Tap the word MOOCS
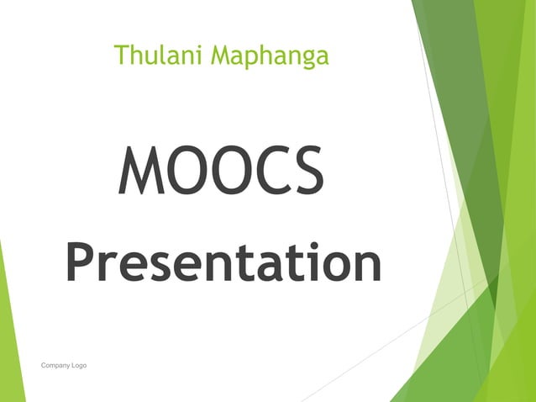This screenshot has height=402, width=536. click(x=220, y=171)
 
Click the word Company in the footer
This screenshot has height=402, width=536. click(x=55, y=366)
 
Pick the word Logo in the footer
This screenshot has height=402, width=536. click(x=78, y=366)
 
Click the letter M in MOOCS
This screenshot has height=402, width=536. click(x=139, y=171)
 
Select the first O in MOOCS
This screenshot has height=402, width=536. click(x=183, y=171)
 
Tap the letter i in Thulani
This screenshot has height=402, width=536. click(x=199, y=56)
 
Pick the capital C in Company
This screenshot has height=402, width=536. click(x=44, y=366)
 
